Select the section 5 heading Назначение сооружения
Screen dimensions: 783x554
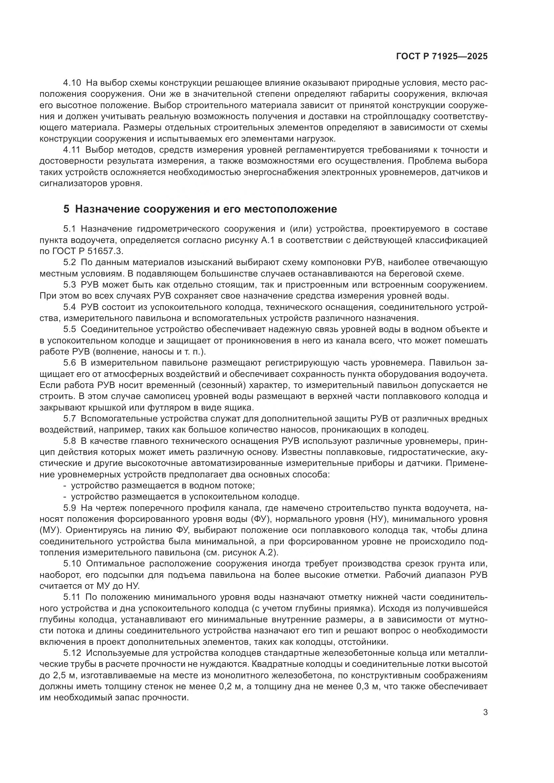[200, 209]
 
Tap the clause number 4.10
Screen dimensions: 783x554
[72, 83]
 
